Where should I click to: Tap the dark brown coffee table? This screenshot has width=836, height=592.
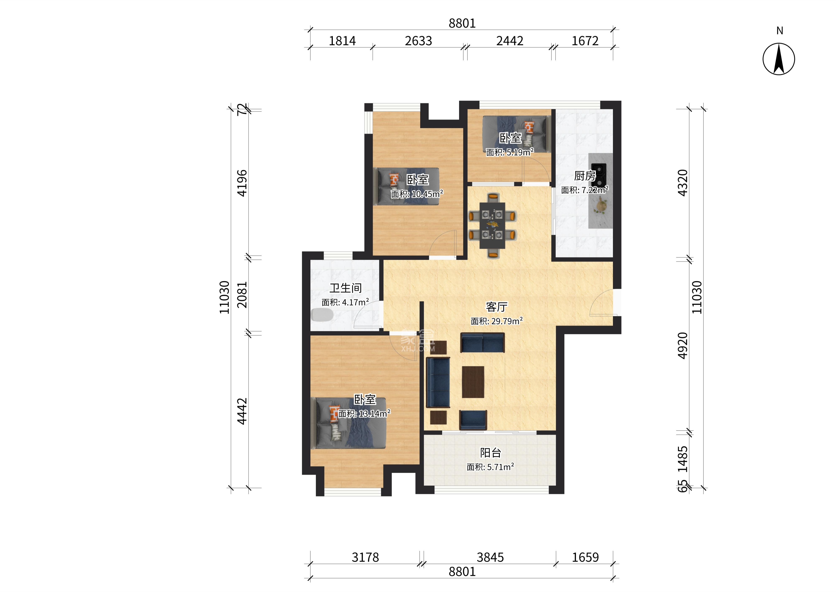point(473,382)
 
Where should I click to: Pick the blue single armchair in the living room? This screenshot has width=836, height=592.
point(473,420)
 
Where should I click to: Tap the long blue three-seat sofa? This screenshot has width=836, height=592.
point(438,382)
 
